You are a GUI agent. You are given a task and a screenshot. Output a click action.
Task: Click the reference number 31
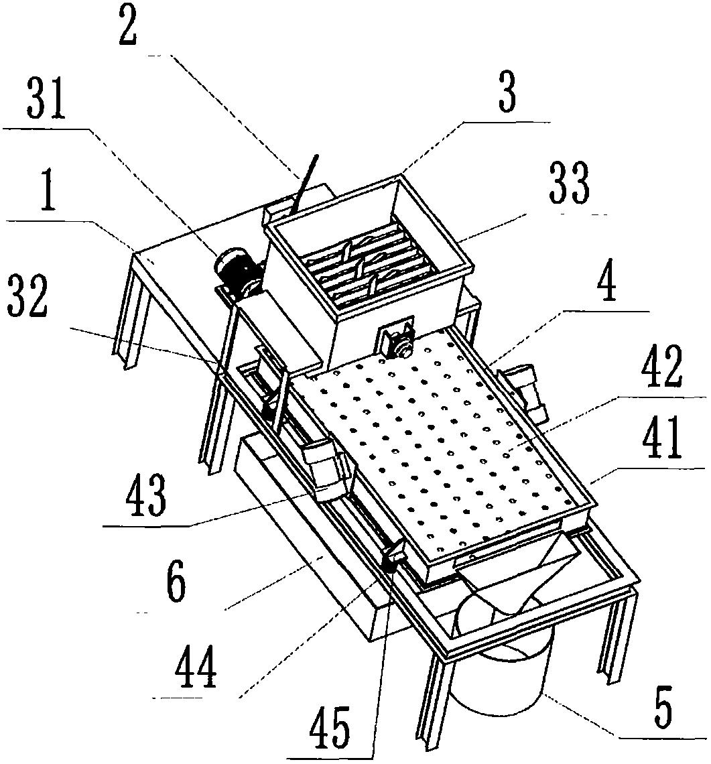46,101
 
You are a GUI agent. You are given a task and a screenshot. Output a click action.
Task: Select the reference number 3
507,92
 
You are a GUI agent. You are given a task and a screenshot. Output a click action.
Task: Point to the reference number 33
569,185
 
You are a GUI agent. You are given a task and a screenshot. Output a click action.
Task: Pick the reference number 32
27,297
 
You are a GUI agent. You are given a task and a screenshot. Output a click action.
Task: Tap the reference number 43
146,495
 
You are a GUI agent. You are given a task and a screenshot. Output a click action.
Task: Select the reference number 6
176,584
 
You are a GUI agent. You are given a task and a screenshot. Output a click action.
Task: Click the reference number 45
330,728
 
